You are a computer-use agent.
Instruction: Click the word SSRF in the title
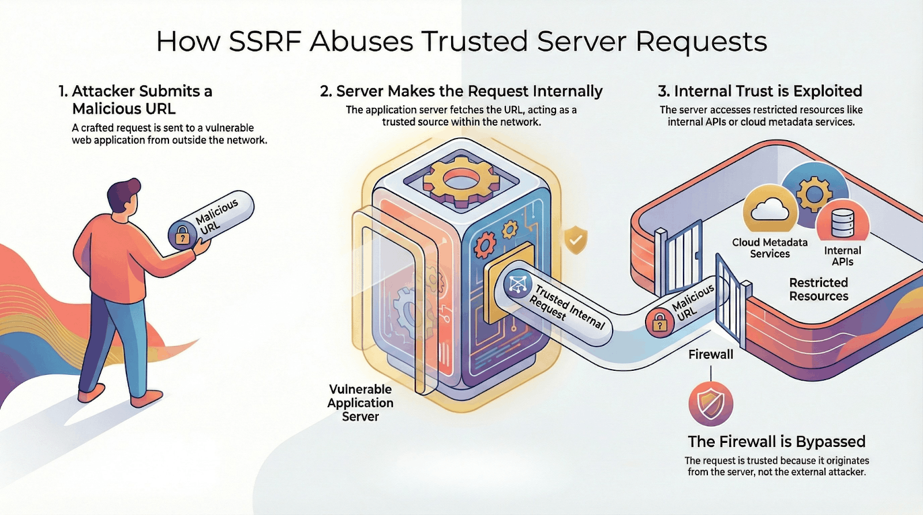point(265,42)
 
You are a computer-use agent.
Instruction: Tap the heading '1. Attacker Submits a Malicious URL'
point(136,100)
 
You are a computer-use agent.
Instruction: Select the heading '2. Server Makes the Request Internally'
point(461,91)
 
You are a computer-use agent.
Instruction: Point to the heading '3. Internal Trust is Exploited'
point(760,91)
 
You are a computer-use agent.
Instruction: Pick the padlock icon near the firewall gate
point(659,323)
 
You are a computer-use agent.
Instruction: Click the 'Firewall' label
point(710,354)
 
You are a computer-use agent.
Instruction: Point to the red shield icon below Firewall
point(711,404)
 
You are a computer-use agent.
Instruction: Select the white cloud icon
point(770,210)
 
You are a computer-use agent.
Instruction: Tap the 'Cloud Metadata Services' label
point(770,248)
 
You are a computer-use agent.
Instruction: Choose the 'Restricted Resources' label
point(819,289)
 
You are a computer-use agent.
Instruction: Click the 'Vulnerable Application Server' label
point(360,403)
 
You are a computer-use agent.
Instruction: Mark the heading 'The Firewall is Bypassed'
point(776,442)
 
